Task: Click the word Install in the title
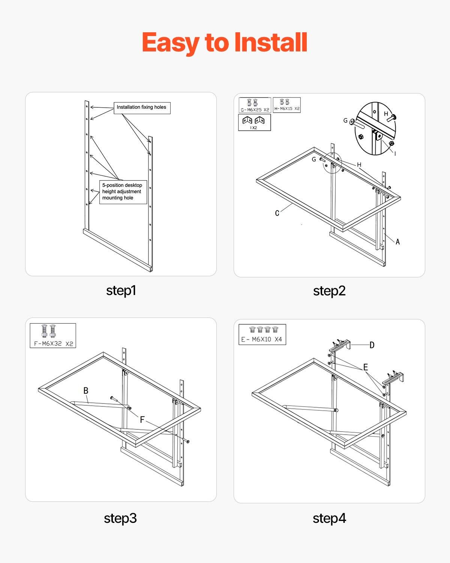[271, 42]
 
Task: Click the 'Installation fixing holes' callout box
[142, 108]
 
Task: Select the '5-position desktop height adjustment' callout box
[123, 192]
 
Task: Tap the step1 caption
[121, 291]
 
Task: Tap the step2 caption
[329, 291]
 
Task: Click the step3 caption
[120, 518]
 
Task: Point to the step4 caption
[329, 518]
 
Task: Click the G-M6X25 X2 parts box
[255, 105]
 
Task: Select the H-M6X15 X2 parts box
[287, 105]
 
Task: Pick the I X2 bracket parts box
[254, 123]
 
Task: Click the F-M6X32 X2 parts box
[53, 336]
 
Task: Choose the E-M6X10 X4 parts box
[262, 334]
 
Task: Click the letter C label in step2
[277, 213]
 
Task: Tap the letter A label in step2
[397, 242]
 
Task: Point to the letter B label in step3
[86, 391]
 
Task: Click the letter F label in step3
[142, 420]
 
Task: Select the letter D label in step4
[372, 345]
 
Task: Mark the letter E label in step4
[365, 367]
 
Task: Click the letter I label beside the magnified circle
[394, 154]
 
